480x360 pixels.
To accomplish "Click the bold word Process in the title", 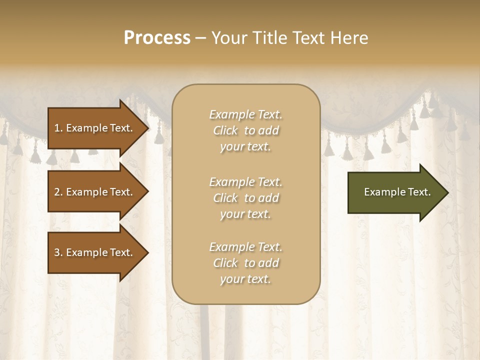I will tap(157, 38).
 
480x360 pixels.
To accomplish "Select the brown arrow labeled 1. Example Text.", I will tap(95, 128).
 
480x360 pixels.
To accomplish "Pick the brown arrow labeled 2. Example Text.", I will tap(95, 192).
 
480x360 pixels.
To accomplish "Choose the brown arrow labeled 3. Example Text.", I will tap(95, 252).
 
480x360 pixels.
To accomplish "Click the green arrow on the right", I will tap(395, 192).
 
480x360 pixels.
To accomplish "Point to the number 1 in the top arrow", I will tap(57, 128).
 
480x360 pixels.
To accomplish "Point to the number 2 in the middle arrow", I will tap(57, 192).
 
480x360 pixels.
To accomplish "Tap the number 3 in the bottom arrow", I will tap(57, 252).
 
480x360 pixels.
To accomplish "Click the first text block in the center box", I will tap(245, 130).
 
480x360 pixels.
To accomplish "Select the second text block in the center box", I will tap(245, 198).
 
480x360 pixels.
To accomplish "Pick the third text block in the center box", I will tap(245, 263).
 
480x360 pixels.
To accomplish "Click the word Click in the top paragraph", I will tap(225, 130).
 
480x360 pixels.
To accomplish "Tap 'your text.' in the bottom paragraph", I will tap(245, 279).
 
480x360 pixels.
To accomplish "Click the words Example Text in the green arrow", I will tap(397, 192).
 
